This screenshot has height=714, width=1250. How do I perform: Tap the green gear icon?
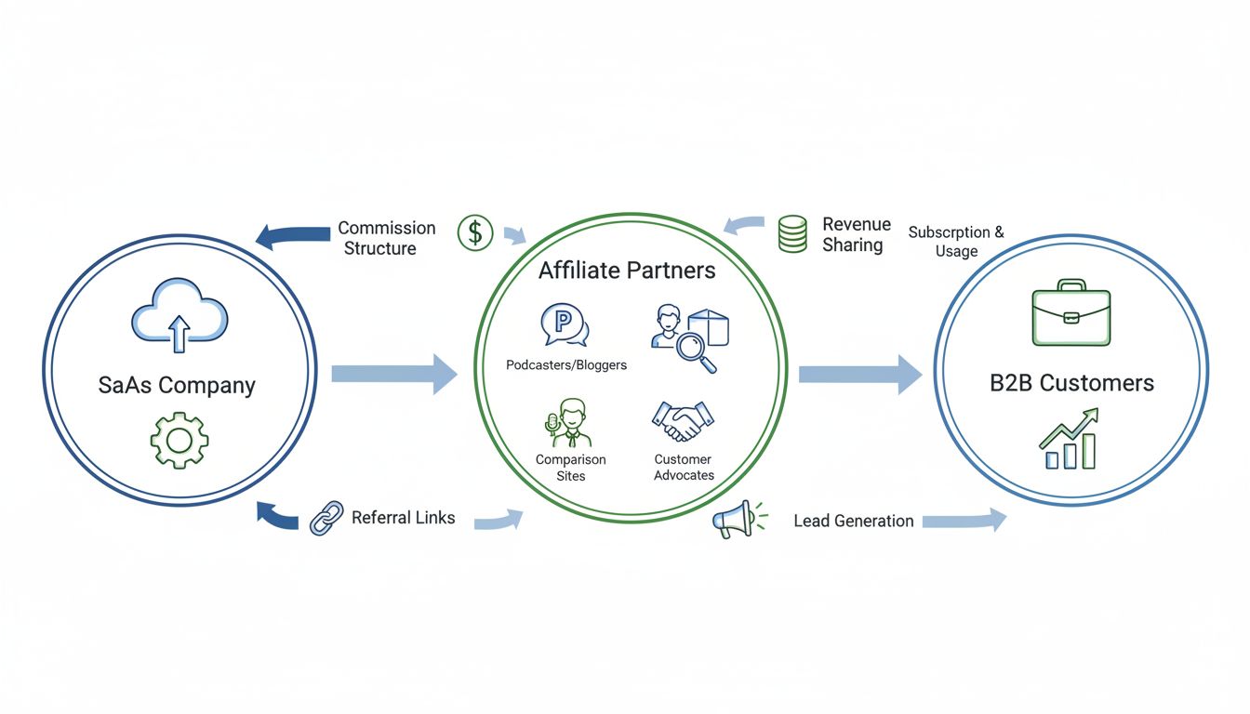[x=179, y=440]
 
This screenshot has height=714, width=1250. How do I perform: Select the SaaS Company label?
[x=177, y=385]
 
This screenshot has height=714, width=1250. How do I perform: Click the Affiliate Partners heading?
[x=627, y=270]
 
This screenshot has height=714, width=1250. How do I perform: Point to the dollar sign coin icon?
[x=475, y=232]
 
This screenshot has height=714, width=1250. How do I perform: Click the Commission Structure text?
[x=385, y=238]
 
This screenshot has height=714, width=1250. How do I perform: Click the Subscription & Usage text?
[x=956, y=242]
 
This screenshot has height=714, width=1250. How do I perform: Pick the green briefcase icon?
[x=1071, y=313]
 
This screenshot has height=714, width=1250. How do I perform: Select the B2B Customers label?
[x=1071, y=382]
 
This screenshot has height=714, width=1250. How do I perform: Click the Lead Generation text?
[x=853, y=521]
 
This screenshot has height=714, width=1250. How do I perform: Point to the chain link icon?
[x=326, y=518]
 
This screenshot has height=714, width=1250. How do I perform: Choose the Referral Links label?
[x=403, y=518]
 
